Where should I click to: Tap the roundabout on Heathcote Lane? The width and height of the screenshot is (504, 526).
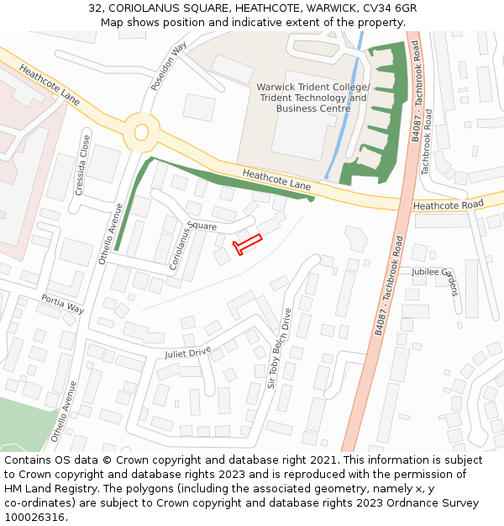140,131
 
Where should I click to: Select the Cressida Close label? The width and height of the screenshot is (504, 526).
82,165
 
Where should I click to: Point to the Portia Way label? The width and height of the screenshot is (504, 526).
63,304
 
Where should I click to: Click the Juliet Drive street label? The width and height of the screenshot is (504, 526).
188,353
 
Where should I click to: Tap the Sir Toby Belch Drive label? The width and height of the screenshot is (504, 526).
279,347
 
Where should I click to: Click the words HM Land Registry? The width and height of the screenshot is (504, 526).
45,489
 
